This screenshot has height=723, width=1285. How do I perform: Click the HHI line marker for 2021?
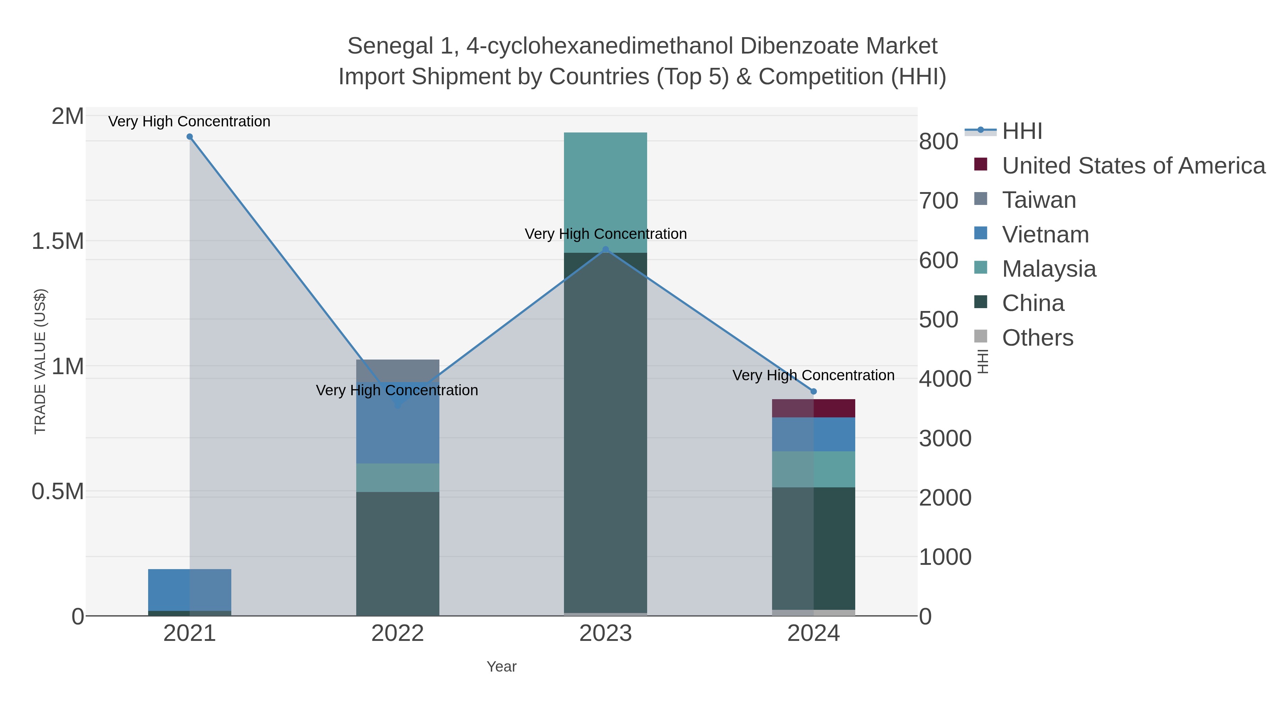tap(190, 137)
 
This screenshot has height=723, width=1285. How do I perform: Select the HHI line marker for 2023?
tap(606, 250)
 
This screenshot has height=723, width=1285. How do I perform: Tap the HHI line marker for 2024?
tap(813, 392)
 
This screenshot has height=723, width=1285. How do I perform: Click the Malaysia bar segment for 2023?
tap(606, 192)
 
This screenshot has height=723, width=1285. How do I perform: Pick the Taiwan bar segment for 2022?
tap(398, 370)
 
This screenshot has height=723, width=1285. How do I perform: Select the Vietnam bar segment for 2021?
tap(190, 590)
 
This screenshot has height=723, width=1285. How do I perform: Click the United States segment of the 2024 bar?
tap(813, 408)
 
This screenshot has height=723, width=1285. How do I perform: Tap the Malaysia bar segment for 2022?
tap(398, 477)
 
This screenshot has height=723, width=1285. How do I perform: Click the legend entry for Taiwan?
tap(1039, 200)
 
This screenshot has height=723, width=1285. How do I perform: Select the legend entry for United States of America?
tap(1133, 166)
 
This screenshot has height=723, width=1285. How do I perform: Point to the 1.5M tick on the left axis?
tap(58, 241)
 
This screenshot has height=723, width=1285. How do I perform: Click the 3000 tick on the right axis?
tap(945, 438)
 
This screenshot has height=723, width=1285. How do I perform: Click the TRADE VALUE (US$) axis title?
tap(40, 361)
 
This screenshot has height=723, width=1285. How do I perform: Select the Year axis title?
tap(502, 667)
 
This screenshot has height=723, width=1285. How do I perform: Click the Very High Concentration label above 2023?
tap(606, 234)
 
